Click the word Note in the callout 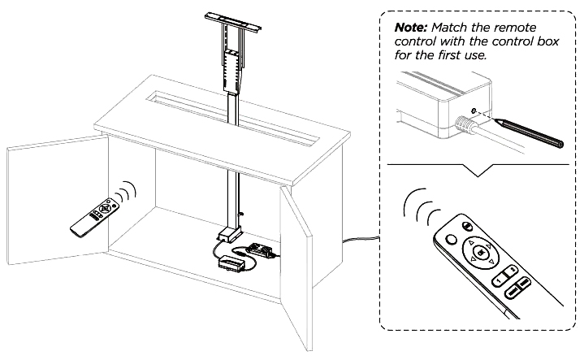(412, 26)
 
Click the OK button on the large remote (482, 252)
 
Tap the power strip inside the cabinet (262, 250)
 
